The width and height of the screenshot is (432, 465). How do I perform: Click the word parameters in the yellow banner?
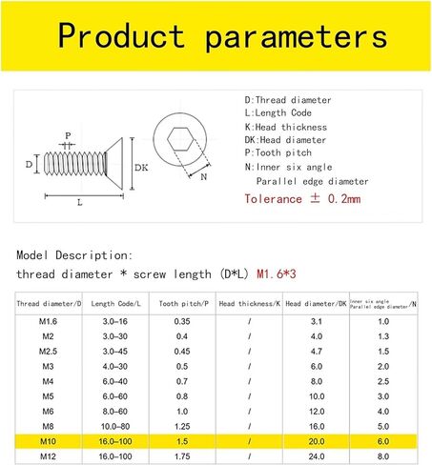click(x=297, y=36)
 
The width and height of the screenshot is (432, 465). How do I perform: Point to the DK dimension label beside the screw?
click(x=141, y=167)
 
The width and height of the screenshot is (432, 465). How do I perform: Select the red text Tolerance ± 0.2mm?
click(x=302, y=199)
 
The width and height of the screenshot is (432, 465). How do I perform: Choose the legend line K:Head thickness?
click(x=285, y=127)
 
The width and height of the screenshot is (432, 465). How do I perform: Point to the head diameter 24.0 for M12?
click(x=316, y=458)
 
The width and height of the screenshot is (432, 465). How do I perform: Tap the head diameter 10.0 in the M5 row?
click(x=316, y=397)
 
